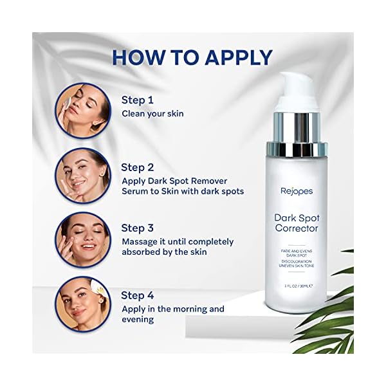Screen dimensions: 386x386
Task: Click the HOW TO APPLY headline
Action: (x=192, y=57)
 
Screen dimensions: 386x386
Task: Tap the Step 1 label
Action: (x=138, y=100)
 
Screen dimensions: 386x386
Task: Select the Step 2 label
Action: (x=138, y=167)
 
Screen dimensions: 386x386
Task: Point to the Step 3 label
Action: (x=138, y=228)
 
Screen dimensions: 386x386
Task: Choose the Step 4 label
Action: (x=138, y=295)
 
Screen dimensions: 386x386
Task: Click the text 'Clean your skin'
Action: (x=152, y=114)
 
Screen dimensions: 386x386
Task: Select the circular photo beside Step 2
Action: (x=82, y=176)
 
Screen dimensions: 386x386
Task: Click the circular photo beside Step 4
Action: (x=82, y=304)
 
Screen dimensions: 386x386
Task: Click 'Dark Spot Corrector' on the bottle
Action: (x=297, y=222)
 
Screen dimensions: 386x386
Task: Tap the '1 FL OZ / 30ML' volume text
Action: (x=297, y=285)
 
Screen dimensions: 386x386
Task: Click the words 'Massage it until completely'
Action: (x=177, y=242)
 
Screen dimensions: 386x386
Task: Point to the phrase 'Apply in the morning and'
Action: (x=172, y=309)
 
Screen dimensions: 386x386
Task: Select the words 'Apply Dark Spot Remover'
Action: (x=174, y=181)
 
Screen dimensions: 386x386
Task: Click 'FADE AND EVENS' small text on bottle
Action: (x=297, y=250)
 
